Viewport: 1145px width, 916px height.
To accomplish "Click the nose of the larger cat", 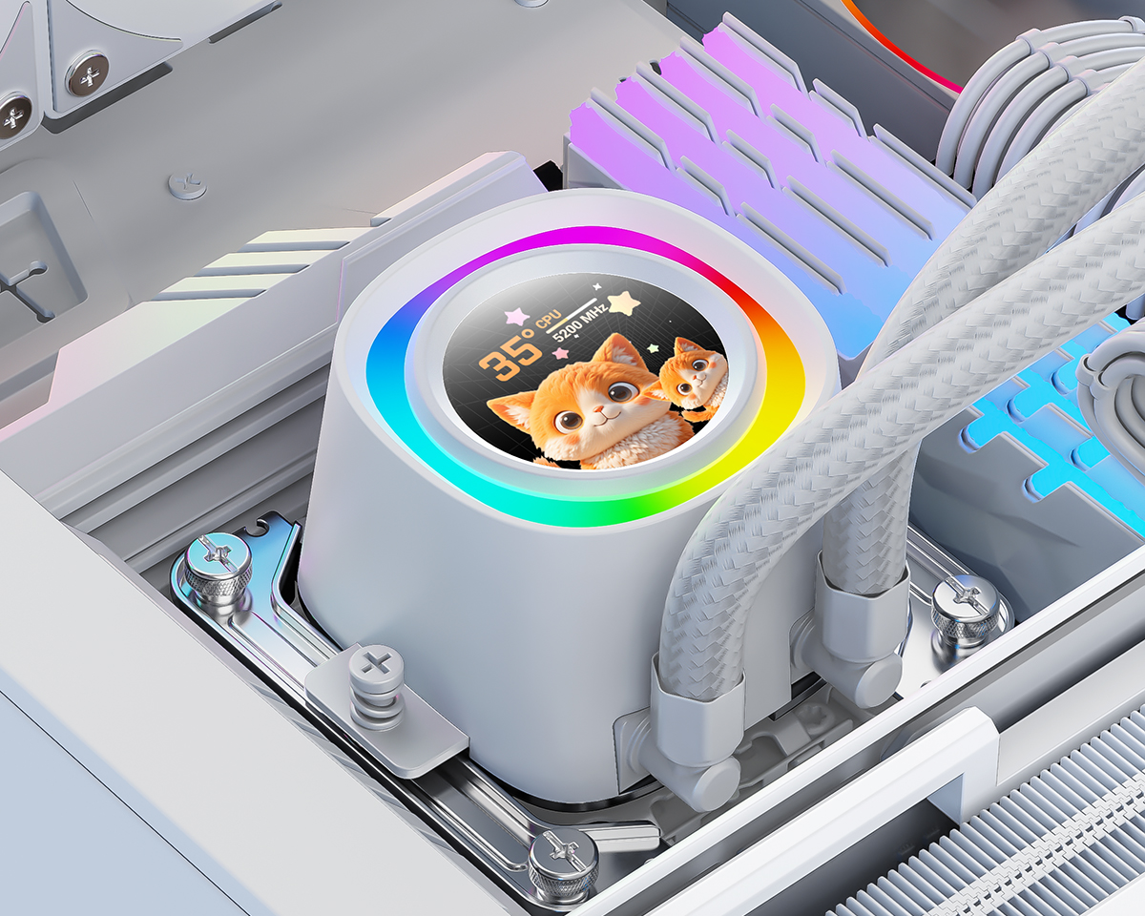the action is (599, 409).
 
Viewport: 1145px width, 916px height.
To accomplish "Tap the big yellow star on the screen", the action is (624, 303).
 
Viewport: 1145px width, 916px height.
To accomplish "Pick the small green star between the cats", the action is (654, 348).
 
